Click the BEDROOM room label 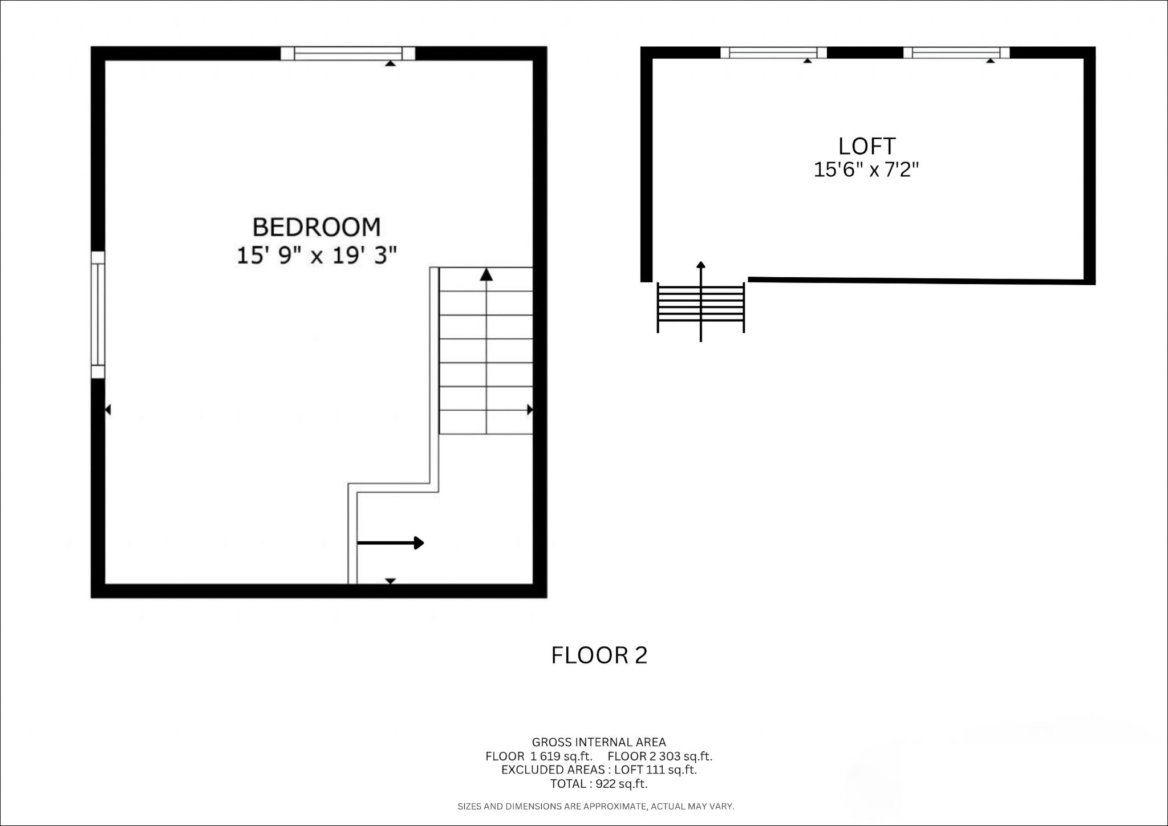coord(317,227)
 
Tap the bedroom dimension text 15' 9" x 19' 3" coord(317,255)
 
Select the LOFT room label coord(867,147)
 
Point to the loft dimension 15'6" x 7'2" coord(866,169)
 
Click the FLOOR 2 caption coord(599,655)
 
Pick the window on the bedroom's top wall coord(348,54)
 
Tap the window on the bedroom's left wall coord(98,314)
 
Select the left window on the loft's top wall coord(774,52)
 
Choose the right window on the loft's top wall coord(956,52)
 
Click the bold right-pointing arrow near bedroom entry coord(391,543)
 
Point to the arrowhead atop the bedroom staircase coord(486,274)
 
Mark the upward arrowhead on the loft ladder coord(701,265)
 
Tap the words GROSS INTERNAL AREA coord(599,742)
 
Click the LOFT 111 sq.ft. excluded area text coord(656,770)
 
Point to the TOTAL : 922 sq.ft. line coord(599,784)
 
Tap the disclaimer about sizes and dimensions coord(596,807)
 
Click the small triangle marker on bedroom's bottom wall coord(390,581)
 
